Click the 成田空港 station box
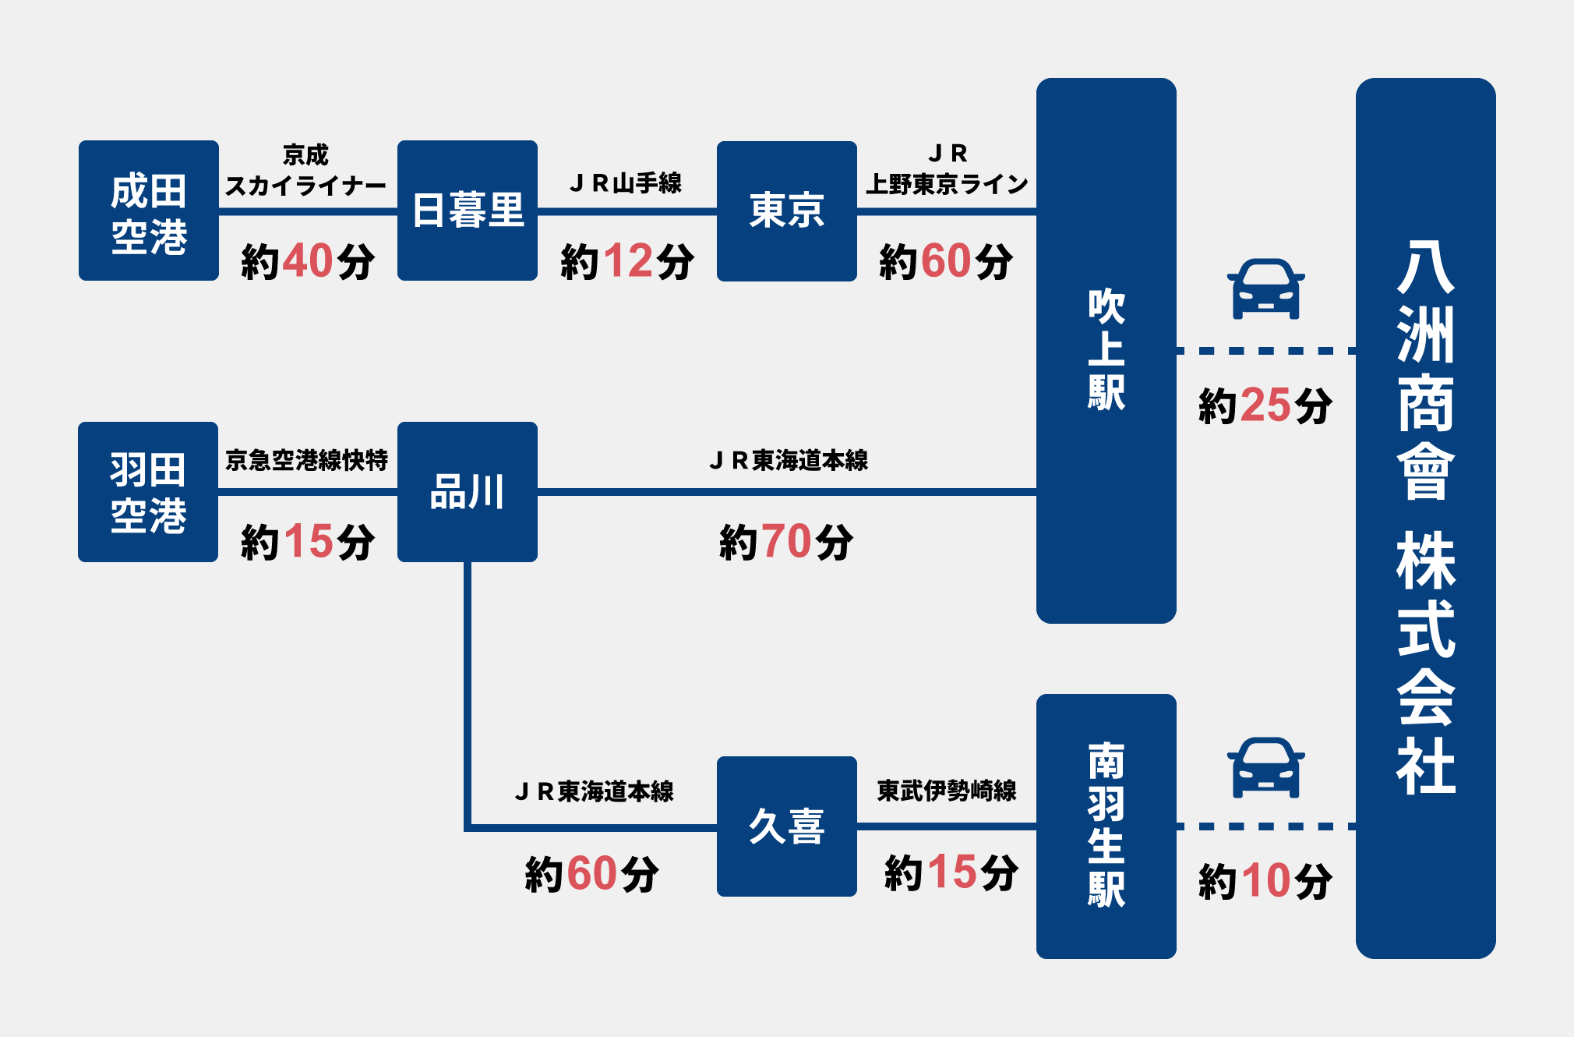tap(149, 211)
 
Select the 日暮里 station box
tap(468, 211)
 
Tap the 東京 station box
tap(787, 211)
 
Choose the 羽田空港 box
tap(148, 492)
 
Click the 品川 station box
tap(468, 492)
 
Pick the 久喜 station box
tap(787, 826)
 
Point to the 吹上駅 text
tap(1106, 349)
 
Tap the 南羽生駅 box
tap(1106, 826)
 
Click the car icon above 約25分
tap(1266, 288)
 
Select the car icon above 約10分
tap(1266, 767)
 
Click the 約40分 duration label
tap(309, 261)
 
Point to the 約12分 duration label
tap(627, 261)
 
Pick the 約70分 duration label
tap(787, 542)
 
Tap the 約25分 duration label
tap(1265, 405)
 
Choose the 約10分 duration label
tap(1265, 881)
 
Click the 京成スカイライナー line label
tap(306, 170)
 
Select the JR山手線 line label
tap(626, 183)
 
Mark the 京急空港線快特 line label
tap(307, 460)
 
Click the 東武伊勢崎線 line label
tap(947, 791)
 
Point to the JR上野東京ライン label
tap(947, 169)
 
